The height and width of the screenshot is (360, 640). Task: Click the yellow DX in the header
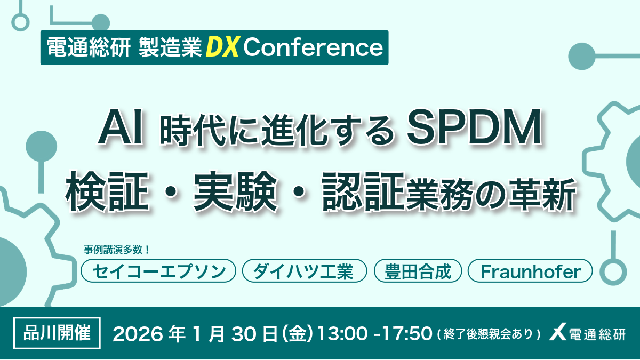[222, 47]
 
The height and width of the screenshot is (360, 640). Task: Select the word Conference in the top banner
[313, 47]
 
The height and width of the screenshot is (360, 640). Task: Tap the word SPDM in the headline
[474, 127]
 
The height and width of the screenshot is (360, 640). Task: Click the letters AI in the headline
[121, 128]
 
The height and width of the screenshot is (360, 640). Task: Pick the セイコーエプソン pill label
[158, 271]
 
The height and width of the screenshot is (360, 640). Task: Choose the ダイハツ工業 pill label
[305, 271]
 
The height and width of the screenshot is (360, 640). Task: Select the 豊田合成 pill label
[418, 271]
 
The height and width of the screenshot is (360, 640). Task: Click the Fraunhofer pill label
[530, 271]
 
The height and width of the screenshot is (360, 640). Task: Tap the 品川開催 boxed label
[57, 333]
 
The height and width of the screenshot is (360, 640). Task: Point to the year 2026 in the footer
[138, 334]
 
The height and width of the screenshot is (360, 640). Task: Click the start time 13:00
[342, 334]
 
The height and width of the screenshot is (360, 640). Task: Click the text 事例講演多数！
[117, 250]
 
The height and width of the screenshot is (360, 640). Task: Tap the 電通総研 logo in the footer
[587, 334]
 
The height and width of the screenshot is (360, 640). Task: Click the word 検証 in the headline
[107, 191]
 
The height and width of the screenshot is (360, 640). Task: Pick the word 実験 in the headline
[236, 191]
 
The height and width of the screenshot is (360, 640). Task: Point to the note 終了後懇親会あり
[489, 334]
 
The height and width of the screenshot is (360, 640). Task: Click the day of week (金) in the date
[298, 334]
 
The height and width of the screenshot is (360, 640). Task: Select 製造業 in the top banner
[170, 47]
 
